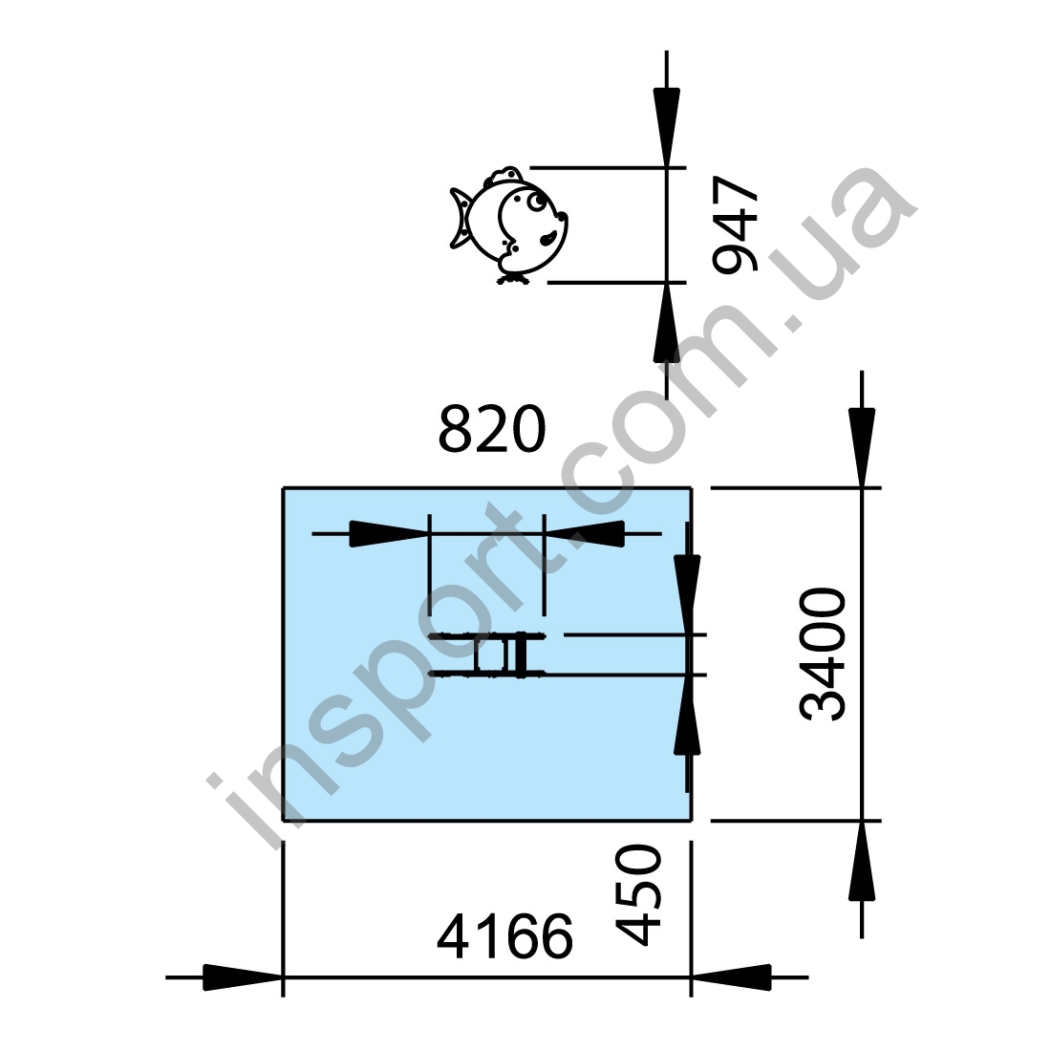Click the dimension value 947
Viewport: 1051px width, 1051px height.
[x=736, y=225]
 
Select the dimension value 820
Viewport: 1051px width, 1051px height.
[x=492, y=429]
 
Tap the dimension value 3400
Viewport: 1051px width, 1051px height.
[x=823, y=654]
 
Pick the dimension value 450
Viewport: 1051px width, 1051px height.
[x=638, y=895]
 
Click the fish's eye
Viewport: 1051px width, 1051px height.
[x=536, y=201]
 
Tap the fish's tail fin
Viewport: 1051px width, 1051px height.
[x=461, y=218]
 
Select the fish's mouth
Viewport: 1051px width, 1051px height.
[x=548, y=236]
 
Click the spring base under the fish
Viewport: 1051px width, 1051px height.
[x=514, y=278]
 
